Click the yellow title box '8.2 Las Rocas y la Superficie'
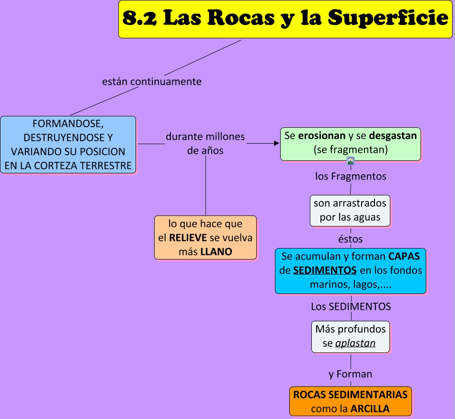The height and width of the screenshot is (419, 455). pos(285,19)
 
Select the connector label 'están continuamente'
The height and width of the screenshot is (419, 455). pos(152,81)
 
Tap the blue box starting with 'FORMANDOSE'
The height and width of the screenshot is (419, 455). pos(68,145)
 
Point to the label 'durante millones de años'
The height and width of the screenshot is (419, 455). pos(205,143)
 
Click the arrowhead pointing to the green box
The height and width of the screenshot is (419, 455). pos(276,143)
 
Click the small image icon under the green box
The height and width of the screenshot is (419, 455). pos(351,161)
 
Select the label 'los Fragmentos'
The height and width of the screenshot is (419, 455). pos(351,176)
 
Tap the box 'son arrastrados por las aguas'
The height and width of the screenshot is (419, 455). pos(350,210)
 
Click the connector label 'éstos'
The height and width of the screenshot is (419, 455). pos(351,238)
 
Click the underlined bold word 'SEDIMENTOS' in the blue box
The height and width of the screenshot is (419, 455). pos(325,270)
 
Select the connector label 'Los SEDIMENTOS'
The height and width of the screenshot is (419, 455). pos(351,306)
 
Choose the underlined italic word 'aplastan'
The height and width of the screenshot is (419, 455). pos(355,343)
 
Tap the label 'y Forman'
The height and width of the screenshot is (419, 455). pos(351,374)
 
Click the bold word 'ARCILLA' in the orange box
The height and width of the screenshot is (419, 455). pos(370,409)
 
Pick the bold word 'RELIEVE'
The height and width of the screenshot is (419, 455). pos(188,238)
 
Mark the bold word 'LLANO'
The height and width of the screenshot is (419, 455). pos(216,251)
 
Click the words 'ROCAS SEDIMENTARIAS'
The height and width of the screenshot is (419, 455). pos(350,395)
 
